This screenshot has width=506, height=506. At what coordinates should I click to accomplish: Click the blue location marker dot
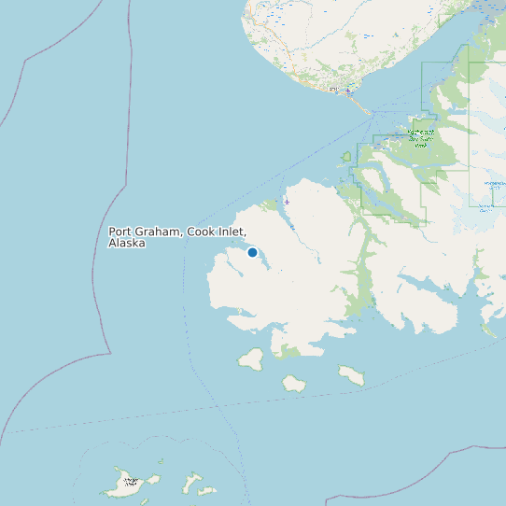[252, 252]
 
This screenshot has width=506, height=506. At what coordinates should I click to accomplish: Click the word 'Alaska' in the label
[127, 243]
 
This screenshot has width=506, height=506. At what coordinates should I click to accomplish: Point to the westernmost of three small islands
[250, 358]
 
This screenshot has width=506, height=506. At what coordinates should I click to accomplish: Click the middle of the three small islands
[294, 383]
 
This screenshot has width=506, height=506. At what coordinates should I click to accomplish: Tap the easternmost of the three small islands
[351, 375]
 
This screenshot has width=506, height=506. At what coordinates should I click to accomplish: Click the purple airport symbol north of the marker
[287, 202]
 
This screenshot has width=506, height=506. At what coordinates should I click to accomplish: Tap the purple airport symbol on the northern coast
[347, 91]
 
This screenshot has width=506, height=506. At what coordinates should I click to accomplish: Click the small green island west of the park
[345, 157]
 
